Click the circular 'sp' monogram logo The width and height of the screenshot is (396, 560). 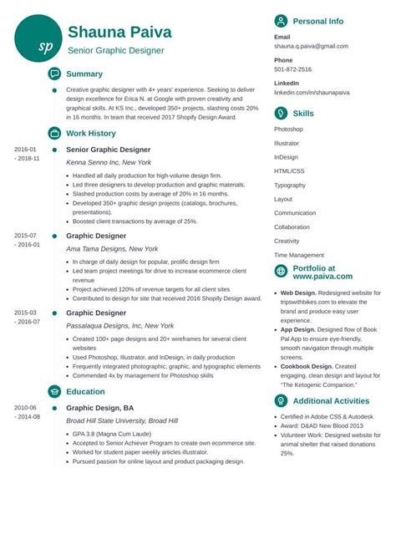pyautogui.click(x=38, y=39)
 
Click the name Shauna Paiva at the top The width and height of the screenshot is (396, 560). pyautogui.click(x=119, y=32)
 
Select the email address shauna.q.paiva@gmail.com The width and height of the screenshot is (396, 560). pyautogui.click(x=311, y=47)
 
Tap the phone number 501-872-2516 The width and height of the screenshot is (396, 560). pyautogui.click(x=292, y=69)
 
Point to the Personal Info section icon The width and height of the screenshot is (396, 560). pyautogui.click(x=282, y=20)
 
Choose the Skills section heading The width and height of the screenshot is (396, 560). pyautogui.click(x=303, y=112)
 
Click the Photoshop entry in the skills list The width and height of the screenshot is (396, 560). pyautogui.click(x=288, y=129)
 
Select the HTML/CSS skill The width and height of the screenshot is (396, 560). pyautogui.click(x=290, y=171)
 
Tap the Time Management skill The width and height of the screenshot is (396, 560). pyautogui.click(x=299, y=255)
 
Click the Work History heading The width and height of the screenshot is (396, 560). pyautogui.click(x=91, y=133)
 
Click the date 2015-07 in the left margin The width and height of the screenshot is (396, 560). pyautogui.click(x=26, y=236)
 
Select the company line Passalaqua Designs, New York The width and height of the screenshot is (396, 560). pyautogui.click(x=119, y=325)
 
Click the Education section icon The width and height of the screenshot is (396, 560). pyautogui.click(x=54, y=391)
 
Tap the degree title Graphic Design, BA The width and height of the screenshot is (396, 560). pyautogui.click(x=100, y=408)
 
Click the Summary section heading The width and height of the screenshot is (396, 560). pyautogui.click(x=84, y=74)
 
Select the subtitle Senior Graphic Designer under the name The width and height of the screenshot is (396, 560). pyautogui.click(x=116, y=50)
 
